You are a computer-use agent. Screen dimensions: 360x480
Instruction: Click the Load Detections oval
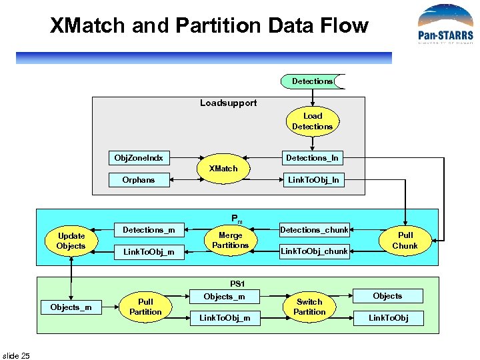pyautogui.click(x=312, y=121)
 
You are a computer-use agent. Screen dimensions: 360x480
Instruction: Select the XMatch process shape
pyautogui.click(x=223, y=169)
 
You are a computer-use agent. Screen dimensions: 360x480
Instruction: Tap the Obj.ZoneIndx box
pyautogui.click(x=139, y=158)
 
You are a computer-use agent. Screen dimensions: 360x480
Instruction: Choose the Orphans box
pyautogui.click(x=139, y=179)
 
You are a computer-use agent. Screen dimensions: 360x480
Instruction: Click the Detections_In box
pyautogui.click(x=312, y=158)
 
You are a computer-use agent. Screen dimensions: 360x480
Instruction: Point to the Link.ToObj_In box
pyautogui.click(x=312, y=179)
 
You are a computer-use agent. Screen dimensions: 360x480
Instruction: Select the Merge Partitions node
pyautogui.click(x=230, y=240)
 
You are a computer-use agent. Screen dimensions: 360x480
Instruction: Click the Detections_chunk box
pyautogui.click(x=314, y=230)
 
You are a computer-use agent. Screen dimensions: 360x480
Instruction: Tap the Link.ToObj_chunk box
pyautogui.click(x=314, y=251)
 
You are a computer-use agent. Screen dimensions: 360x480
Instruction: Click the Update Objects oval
pyautogui.click(x=71, y=241)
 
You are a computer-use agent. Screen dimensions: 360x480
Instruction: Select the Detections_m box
pyautogui.click(x=149, y=230)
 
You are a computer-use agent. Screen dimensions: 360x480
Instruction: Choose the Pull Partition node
pyautogui.click(x=145, y=307)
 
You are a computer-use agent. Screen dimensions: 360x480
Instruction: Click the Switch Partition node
pyautogui.click(x=309, y=307)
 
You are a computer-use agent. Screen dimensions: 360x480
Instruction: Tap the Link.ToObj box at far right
pyautogui.click(x=388, y=318)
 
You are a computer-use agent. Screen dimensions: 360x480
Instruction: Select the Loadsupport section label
pyautogui.click(x=228, y=103)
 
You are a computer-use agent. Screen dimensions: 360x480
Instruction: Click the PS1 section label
pyautogui.click(x=237, y=283)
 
